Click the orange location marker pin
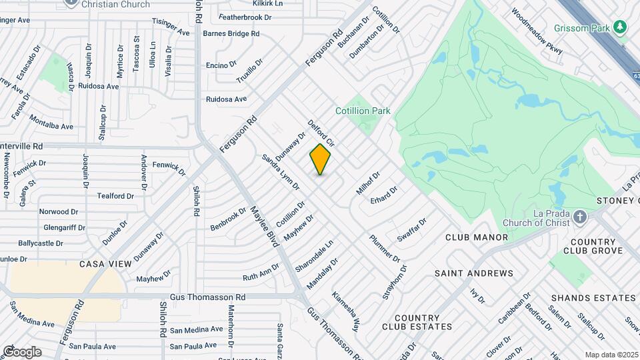click(x=320, y=159)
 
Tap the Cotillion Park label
click(x=363, y=111)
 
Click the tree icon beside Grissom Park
click(x=621, y=27)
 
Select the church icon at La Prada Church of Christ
click(x=580, y=217)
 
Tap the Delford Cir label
click(x=321, y=133)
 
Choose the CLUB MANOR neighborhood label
click(x=477, y=237)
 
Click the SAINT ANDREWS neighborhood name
click(x=474, y=273)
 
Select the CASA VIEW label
click(x=106, y=264)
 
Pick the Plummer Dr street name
click(x=385, y=249)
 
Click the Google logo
click(x=22, y=352)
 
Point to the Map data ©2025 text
click(x=611, y=355)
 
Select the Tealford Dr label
click(x=116, y=196)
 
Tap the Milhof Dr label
click(x=367, y=183)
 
